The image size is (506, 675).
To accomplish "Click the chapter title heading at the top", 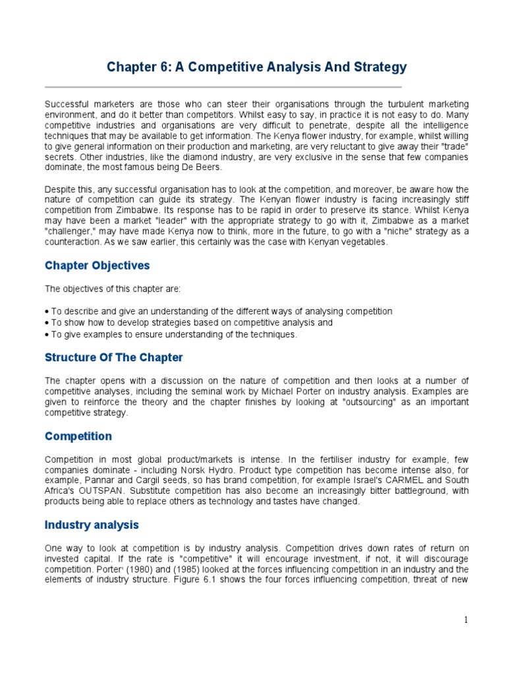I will [x=256, y=67].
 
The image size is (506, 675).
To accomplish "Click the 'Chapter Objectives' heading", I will [x=97, y=266].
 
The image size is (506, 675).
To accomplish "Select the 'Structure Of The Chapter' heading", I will [x=113, y=357].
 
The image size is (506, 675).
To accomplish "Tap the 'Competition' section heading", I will [x=78, y=436].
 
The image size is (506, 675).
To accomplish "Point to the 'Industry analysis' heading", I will [x=92, y=525].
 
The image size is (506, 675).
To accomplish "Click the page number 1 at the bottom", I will [x=465, y=620].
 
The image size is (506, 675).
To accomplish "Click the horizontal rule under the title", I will [x=223, y=87].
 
